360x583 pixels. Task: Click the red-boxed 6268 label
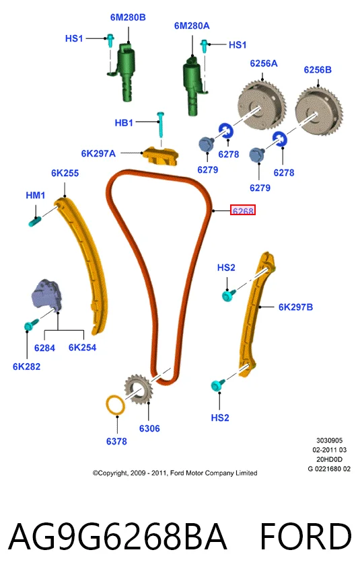[x=242, y=210]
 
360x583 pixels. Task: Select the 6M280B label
[x=128, y=17]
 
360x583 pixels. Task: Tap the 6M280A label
[x=192, y=26]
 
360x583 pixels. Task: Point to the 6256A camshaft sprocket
[x=262, y=101]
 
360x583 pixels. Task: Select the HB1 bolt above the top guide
[x=161, y=124]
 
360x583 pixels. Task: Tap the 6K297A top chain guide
[x=161, y=155]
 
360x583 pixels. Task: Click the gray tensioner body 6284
[x=46, y=295]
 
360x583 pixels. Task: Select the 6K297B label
[x=295, y=307]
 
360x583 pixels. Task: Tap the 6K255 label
[x=65, y=173]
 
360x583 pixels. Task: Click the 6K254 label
[x=82, y=348]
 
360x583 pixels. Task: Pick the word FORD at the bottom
[x=305, y=537]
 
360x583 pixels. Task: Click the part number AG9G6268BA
[x=118, y=537]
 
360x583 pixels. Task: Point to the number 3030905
[x=330, y=440]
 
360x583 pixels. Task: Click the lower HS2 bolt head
[x=217, y=385]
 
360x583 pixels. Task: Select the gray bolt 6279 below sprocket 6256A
[x=206, y=144]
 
